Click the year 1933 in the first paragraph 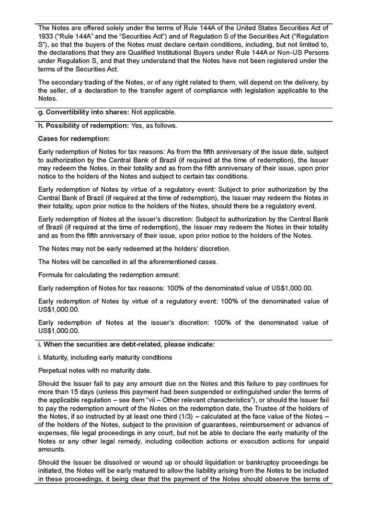(46, 36)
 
